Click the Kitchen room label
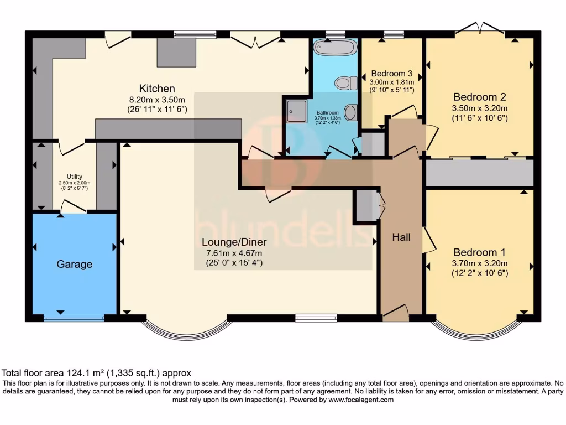pos(157,89)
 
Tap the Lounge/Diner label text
pos(234,242)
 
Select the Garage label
pos(74,265)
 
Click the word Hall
pos(401,237)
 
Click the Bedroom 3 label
pos(392,74)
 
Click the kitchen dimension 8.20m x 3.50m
pos(157,100)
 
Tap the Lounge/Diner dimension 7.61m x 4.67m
pos(234,253)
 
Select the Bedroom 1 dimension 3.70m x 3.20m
pos(480,263)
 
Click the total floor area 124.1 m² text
pos(97,373)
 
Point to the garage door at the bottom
pos(74,318)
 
